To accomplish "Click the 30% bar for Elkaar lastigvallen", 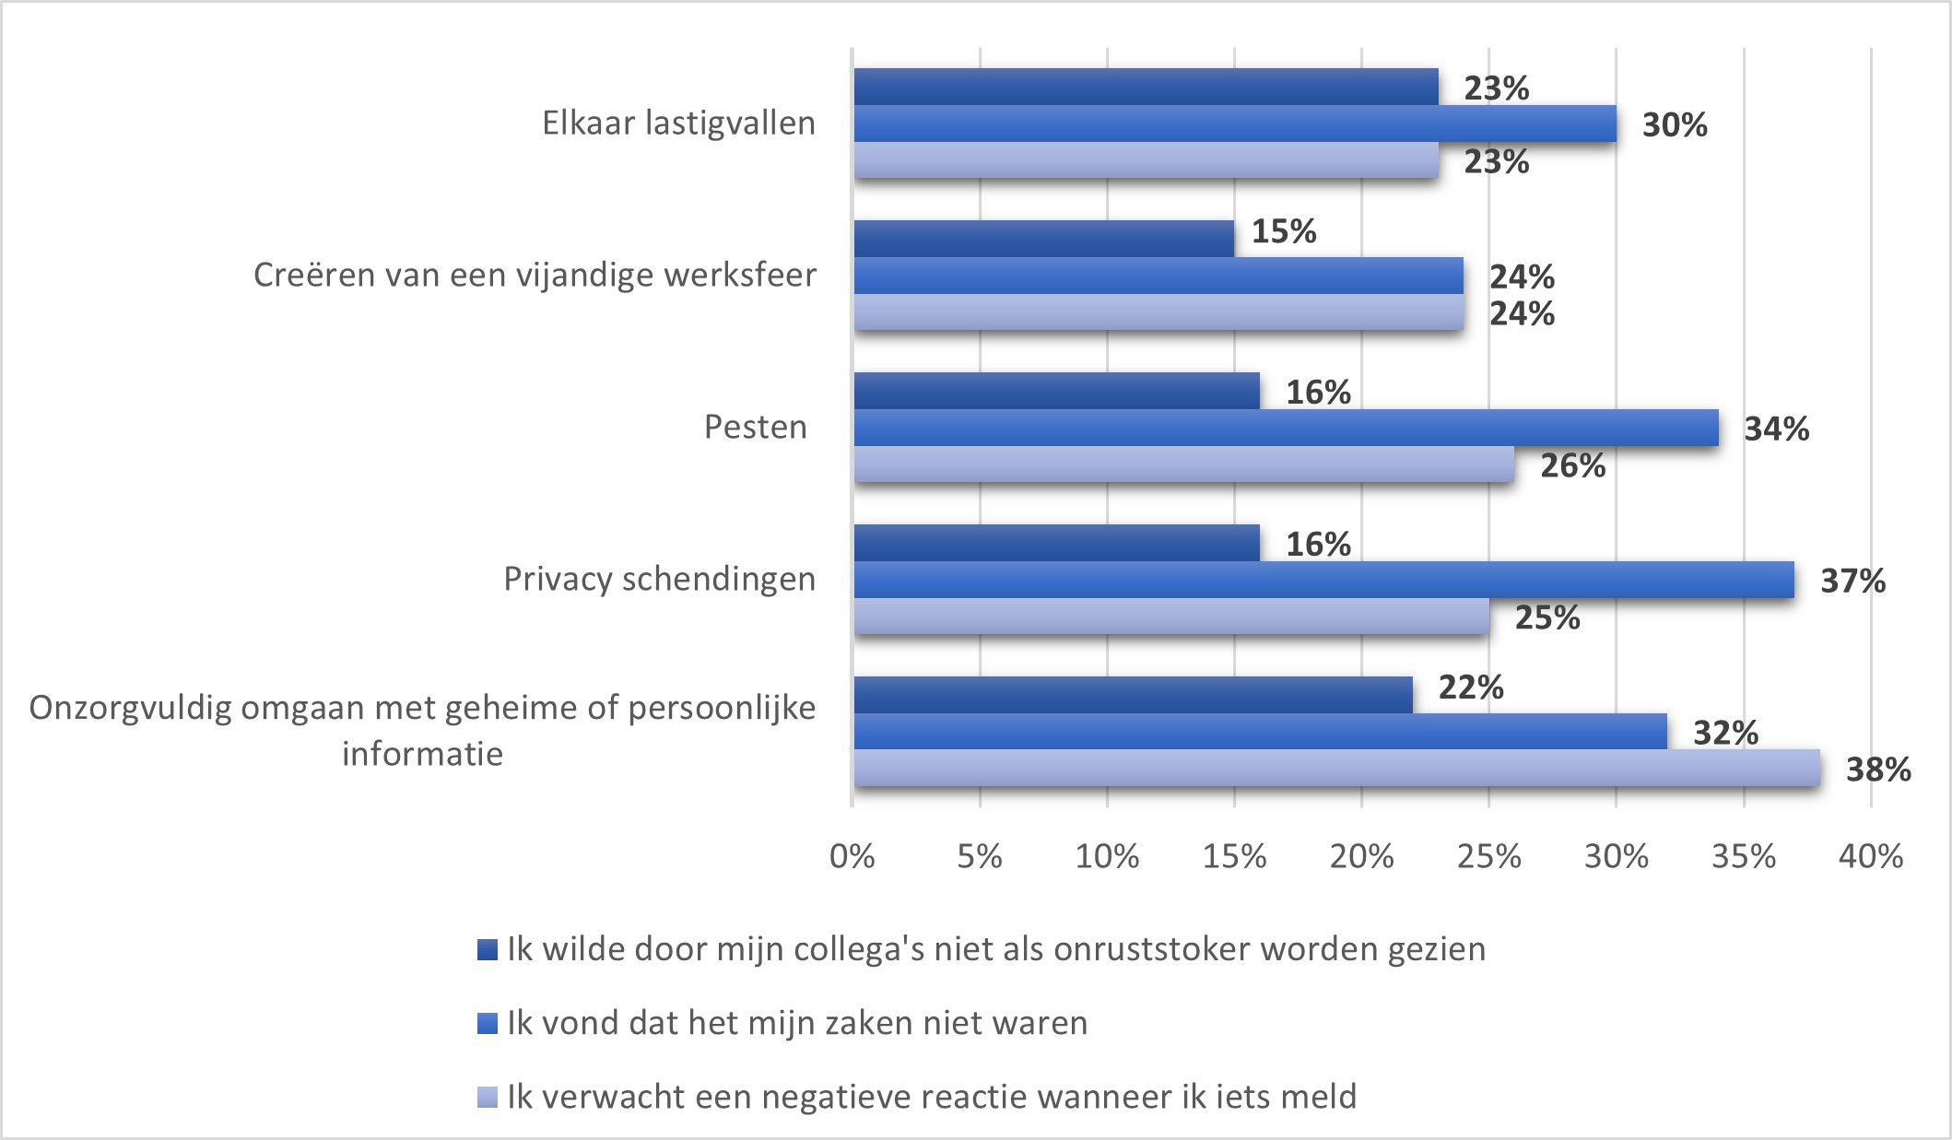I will coord(1235,123).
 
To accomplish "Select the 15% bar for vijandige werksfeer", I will coord(1043,239).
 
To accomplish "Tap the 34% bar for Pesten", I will coord(1286,428).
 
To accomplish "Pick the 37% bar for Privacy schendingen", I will coord(1323,580).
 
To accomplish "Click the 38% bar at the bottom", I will coord(1336,768).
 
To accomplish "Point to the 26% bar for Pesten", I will coord(1184,464).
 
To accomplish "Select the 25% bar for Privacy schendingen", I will coord(1171,617).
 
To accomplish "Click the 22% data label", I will coord(1470,688).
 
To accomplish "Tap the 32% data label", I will coord(1725,734).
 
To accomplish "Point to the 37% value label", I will coord(1852,582).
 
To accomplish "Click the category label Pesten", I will coord(755,428).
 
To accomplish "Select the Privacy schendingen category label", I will coord(659,580).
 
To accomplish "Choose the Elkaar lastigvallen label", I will coord(678,123).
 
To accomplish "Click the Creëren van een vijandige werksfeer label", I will coord(535,276).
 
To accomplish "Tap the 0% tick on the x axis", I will coord(852,857).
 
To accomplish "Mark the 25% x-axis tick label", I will coord(1488,857).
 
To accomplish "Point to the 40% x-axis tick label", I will coord(1870,857).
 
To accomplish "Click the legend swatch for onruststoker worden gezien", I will coord(488,950).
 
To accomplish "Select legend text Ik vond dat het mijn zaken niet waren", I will coord(797,1023).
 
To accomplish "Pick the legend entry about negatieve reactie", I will coord(931,1097).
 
